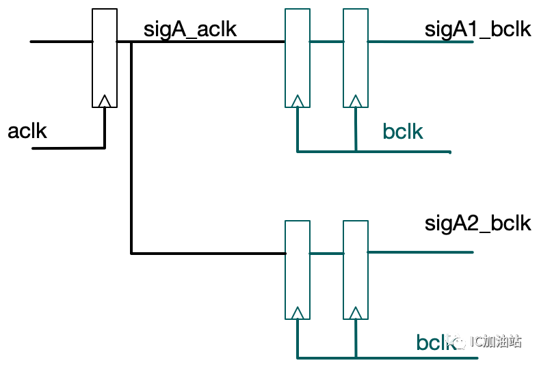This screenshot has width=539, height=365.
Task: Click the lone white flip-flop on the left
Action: coord(105,58)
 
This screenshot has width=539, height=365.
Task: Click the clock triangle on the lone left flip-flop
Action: coord(105,102)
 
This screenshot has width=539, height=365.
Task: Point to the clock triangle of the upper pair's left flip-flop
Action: coord(297,102)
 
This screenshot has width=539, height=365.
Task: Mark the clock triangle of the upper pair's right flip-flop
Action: coord(355,102)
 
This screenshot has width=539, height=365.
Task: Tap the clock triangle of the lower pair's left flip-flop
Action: coord(297,313)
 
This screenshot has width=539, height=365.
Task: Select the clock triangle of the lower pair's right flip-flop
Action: coord(355,313)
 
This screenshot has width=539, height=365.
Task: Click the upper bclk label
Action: coord(403,131)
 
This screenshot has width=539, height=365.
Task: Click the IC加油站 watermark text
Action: coord(496,340)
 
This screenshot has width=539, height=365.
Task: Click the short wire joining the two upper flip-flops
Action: coord(326,42)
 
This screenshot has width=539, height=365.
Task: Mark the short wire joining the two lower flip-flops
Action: coord(326,253)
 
